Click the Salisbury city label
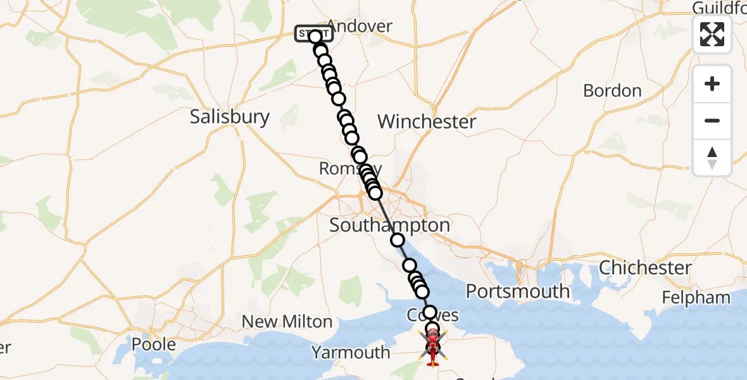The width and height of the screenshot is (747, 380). pos(230,117)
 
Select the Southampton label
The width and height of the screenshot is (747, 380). pos(389,225)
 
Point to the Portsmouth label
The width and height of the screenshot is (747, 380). pos(517,291)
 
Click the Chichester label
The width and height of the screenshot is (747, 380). pos(645,267)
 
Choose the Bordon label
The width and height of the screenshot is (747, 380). pos(612,91)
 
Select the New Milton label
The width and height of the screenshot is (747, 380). pos(287,322)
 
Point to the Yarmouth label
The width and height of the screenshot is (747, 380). pos(350,352)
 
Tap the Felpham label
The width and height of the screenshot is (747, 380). pos(696,297)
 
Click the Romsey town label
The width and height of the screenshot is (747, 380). pos(342,168)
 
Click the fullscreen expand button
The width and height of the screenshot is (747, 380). pos(712,34)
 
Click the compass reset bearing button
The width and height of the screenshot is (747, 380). pos(712,158)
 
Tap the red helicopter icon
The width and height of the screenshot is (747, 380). pos(432,349)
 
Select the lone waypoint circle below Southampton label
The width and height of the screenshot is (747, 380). pos(398,240)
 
